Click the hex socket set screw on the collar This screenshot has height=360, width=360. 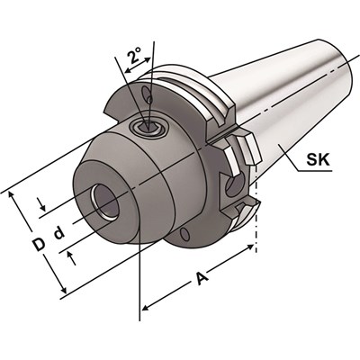148,128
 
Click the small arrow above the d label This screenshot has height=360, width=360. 41,212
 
